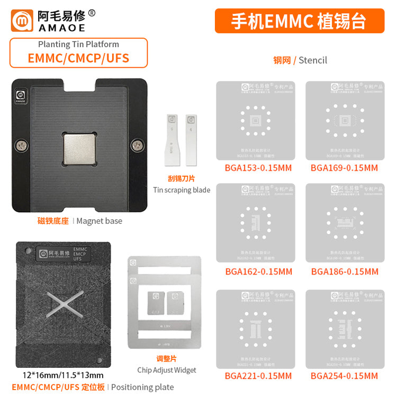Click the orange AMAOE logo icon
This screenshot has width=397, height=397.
pos(23,20)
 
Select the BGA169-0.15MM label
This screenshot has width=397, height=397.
pos(344,168)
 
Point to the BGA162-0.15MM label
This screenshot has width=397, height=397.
pos(258,272)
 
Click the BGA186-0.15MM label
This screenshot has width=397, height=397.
pos(345,272)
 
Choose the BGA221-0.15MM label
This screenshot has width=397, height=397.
pos(258,376)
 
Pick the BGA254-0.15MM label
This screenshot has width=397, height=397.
pos(344,376)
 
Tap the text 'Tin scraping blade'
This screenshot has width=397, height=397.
pos(182,190)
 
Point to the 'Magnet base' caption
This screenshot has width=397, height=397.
pos(99,221)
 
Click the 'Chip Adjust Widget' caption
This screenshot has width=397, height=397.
pos(166,370)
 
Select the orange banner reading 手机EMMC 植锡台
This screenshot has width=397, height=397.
pos(299,21)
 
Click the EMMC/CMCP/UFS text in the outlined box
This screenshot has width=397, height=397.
pos(78,58)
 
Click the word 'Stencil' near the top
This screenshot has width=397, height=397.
pos(313,60)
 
